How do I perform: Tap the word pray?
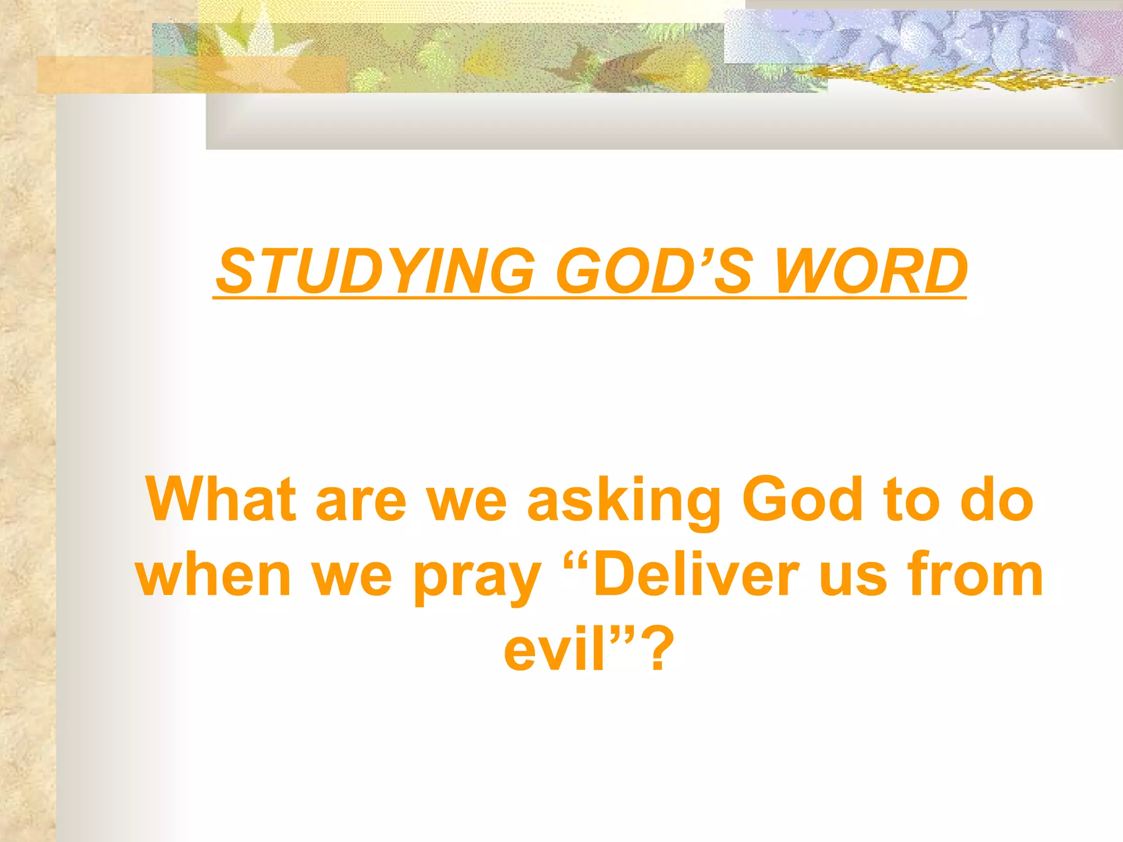tap(477, 578)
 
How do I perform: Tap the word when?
tap(214, 576)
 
